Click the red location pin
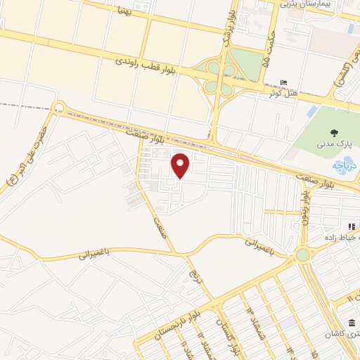[181, 165]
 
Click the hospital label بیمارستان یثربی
[313, 4]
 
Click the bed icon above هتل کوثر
[283, 82]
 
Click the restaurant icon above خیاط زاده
[349, 226]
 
